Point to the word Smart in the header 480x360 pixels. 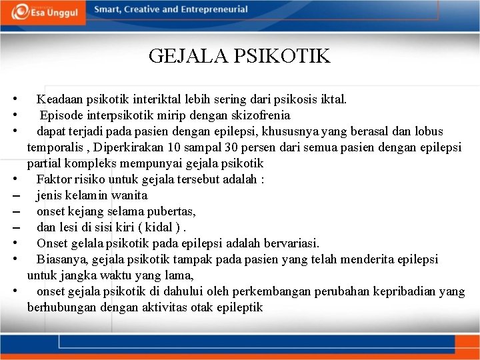(x=107, y=9)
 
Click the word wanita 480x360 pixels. (x=130, y=195)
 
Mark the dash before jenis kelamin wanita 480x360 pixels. (x=14, y=196)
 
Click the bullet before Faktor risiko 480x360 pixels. (x=14, y=179)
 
